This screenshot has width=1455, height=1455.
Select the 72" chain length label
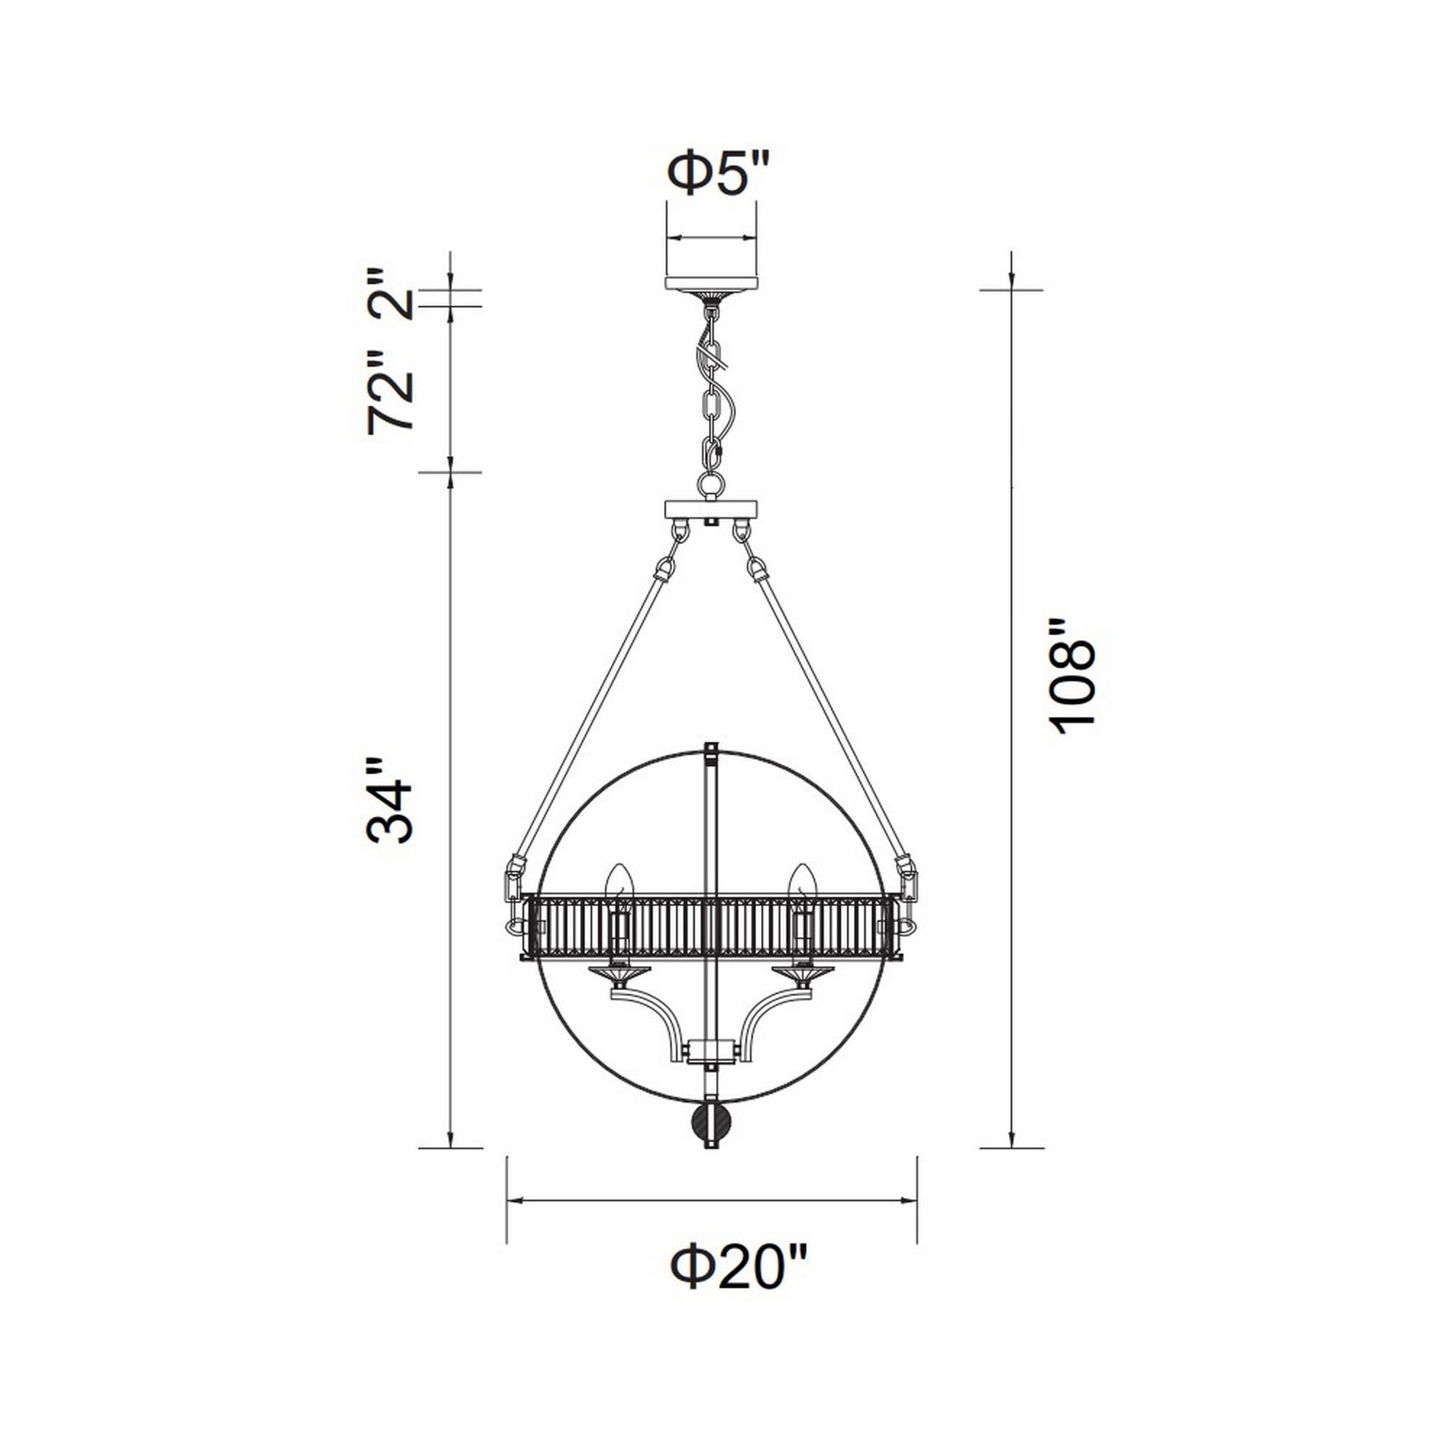pyautogui.click(x=391, y=393)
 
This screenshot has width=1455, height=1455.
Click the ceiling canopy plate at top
pyautogui.click(x=711, y=283)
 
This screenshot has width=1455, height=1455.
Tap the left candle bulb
pyautogui.click(x=620, y=882)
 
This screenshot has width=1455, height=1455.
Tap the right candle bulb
pyautogui.click(x=801, y=882)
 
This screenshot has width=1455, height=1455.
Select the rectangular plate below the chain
pyautogui.click(x=711, y=510)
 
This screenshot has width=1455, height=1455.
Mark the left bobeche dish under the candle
pyautogui.click(x=619, y=975)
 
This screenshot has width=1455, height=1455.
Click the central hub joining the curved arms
pyautogui.click(x=711, y=1048)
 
